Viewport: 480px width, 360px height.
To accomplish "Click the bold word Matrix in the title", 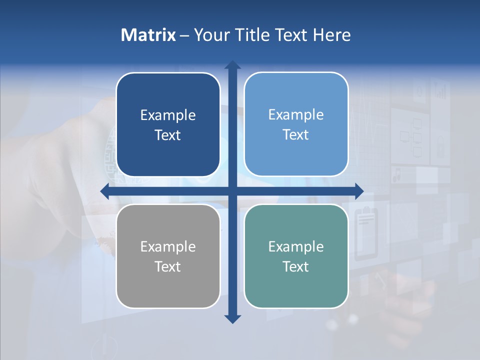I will [x=148, y=35].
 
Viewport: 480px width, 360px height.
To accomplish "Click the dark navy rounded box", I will [x=168, y=124].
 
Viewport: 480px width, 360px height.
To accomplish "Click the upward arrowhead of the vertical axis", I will [x=232, y=65].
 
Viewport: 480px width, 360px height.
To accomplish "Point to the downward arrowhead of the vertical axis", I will [x=232, y=319].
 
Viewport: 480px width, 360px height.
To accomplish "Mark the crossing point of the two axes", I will [x=232, y=191].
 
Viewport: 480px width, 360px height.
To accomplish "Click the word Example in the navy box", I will [x=168, y=115].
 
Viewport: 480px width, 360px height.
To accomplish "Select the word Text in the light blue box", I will [x=296, y=135].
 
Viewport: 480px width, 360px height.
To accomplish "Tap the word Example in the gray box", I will [x=168, y=246].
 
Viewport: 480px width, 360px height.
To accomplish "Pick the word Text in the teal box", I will [x=296, y=266].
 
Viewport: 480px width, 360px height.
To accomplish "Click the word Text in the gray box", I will [x=168, y=266].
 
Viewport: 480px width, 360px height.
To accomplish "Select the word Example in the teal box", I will [x=296, y=246].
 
